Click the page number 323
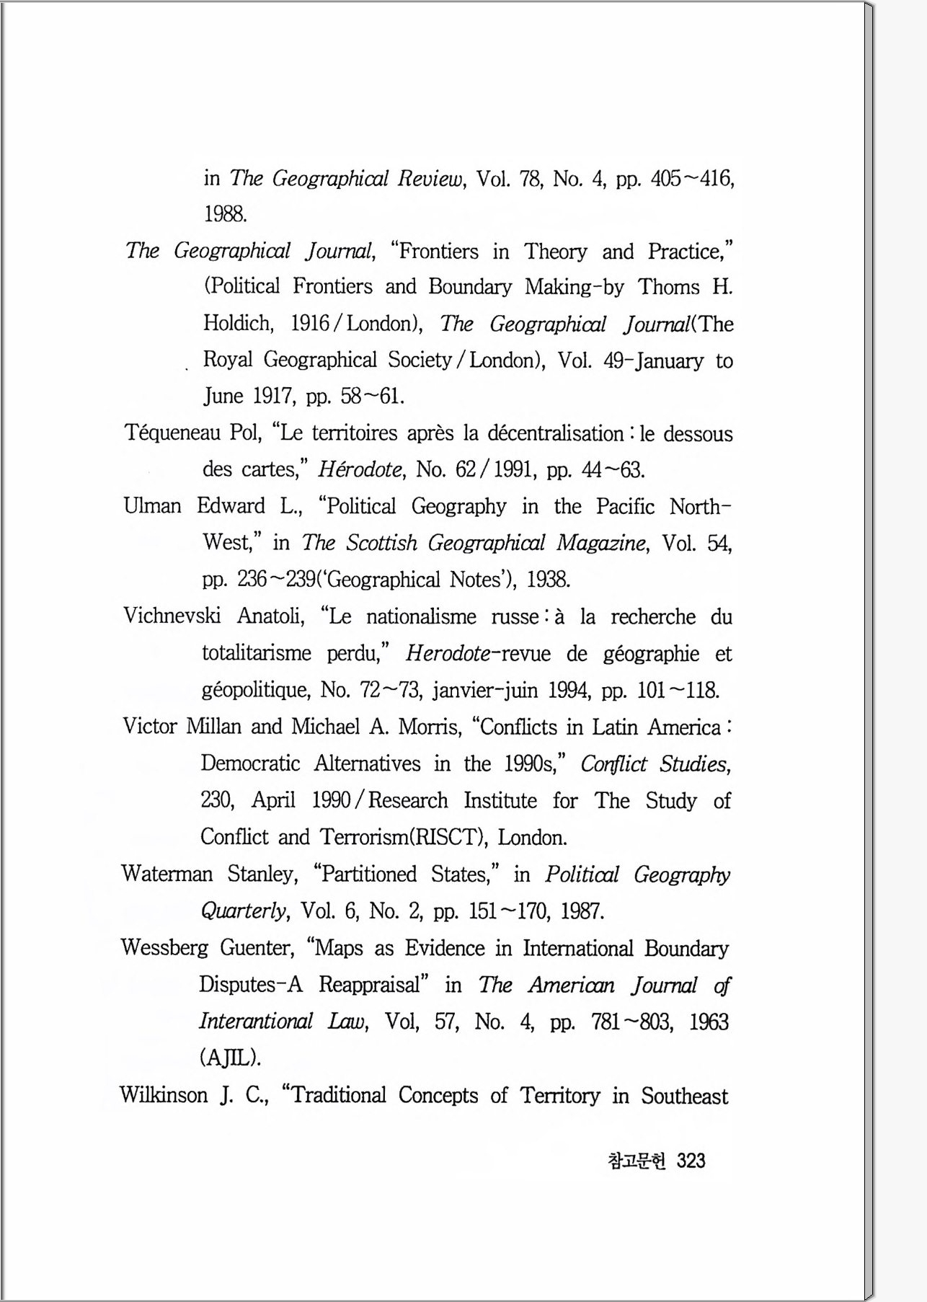tap(691, 1161)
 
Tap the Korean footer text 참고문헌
tap(637, 1161)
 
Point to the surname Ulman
tap(152, 506)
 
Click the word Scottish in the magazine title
tap(381, 543)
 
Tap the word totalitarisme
tap(257, 653)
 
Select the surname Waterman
tap(167, 874)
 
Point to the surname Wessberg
tap(164, 947)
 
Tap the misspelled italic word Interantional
tap(256, 1022)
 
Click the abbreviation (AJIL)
tap(230, 1058)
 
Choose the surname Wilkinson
tap(163, 1095)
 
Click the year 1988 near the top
tap(226, 214)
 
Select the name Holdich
tap(238, 322)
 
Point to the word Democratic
tap(250, 763)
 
